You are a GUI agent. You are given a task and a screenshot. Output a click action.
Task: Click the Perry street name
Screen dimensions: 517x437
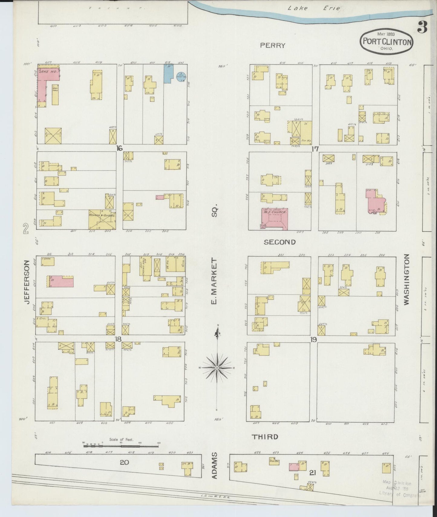pos(272,45)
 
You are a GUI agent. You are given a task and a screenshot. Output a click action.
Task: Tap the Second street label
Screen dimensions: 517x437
pos(279,242)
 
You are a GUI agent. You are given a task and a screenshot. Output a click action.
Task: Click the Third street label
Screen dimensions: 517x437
pos(265,437)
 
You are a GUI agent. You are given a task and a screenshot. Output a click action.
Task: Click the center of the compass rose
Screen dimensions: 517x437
pos(217,367)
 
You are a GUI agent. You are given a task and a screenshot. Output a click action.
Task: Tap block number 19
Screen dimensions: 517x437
pos(313,340)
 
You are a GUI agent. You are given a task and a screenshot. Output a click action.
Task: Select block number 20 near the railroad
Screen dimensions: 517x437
pos(124,462)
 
